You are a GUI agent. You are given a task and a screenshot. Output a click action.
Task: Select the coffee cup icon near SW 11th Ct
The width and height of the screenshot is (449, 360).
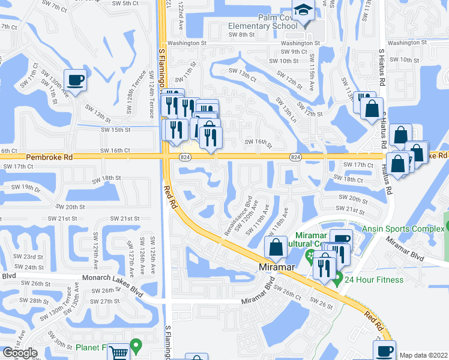(75, 80)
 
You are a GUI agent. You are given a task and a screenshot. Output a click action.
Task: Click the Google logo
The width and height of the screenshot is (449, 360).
(20, 353)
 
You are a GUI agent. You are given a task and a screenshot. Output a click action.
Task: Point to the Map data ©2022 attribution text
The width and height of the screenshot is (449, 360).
(424, 355)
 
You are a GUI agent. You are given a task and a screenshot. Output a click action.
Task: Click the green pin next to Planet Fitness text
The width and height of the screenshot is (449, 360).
(137, 346)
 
